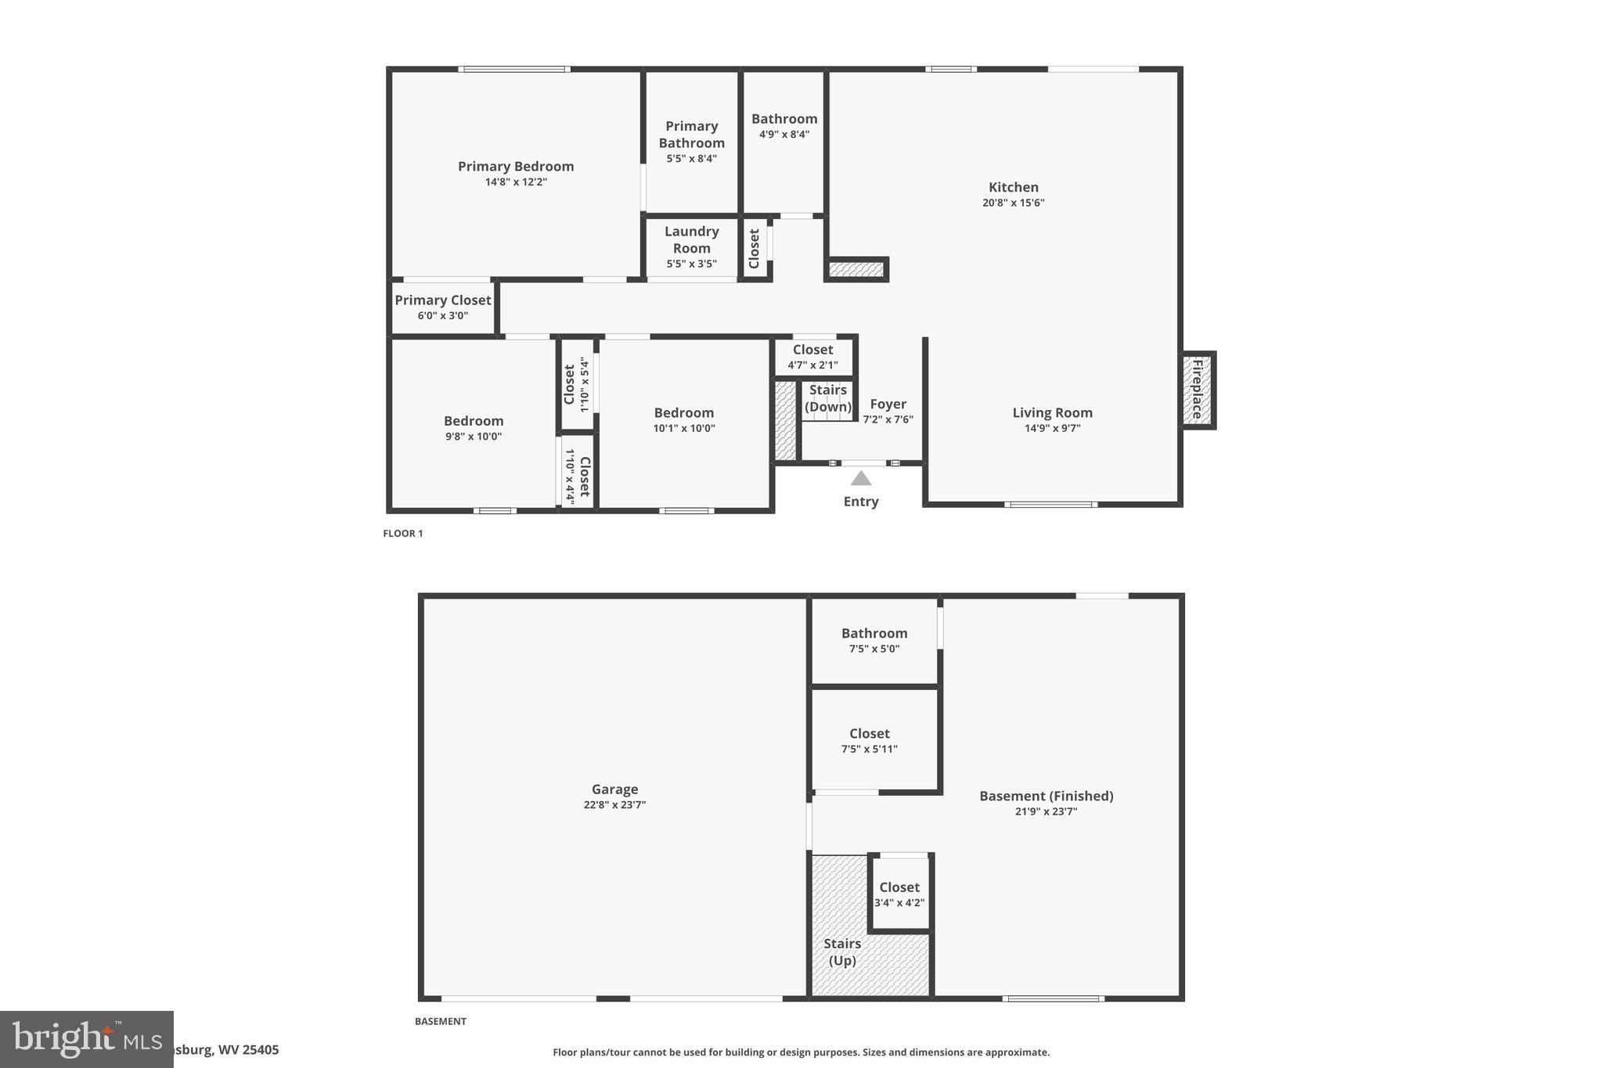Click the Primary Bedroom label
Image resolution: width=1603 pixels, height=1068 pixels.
515,166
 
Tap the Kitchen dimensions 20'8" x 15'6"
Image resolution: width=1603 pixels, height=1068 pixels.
1013,203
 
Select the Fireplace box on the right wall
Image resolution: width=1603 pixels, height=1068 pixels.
1198,390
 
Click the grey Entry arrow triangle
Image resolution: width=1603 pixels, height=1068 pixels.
860,478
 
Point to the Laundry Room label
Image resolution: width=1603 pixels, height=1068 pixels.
691,239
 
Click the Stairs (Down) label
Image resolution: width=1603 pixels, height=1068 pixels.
827,398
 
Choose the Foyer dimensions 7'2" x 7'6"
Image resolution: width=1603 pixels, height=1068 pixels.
888,419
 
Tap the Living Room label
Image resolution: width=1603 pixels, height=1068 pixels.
1052,412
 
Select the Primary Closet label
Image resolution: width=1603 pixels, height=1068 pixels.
442,300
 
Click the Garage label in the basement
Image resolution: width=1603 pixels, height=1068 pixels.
614,789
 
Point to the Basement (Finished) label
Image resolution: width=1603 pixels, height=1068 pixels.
1046,796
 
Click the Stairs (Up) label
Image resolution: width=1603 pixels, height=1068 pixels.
842,952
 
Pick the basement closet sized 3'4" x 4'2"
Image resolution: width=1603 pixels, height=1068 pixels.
899,894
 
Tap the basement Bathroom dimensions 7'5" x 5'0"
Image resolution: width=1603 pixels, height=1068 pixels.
874,649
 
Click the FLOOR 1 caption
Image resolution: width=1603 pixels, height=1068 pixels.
402,534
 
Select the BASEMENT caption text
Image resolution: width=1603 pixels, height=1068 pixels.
440,1021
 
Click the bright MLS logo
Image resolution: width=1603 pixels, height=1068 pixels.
86,1039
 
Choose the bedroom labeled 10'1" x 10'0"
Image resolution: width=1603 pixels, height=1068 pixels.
683,419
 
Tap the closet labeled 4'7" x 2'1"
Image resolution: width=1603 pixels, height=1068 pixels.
812,357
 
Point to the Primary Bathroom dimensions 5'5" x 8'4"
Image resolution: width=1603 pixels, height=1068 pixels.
691,158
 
